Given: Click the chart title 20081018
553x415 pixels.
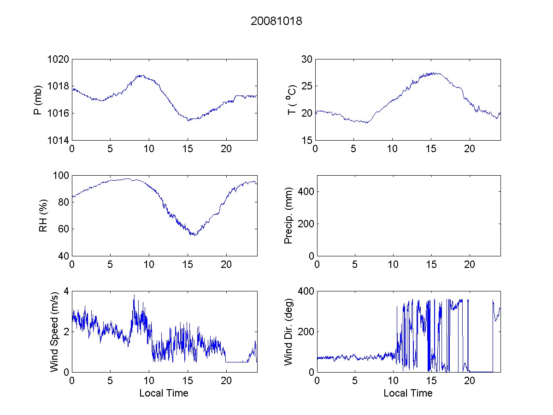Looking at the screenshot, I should (276, 21).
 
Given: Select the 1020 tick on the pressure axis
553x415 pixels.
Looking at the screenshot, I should (58, 59).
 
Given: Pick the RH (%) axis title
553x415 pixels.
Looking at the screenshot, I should (43, 215).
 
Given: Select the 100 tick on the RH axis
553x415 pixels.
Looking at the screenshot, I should (60, 176).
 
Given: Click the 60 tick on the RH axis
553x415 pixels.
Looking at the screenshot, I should (63, 229).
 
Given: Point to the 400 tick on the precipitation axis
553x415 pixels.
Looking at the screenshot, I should (305, 191).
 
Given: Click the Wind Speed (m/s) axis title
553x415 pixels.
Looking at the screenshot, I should (54, 332).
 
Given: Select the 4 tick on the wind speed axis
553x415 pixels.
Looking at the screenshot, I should (65, 291).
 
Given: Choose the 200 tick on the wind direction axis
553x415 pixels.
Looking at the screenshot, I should (305, 332).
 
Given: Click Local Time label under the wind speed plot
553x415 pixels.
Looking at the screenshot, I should (164, 393).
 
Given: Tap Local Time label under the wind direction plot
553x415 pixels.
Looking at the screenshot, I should (408, 393).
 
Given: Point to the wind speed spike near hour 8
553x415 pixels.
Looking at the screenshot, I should (134, 296).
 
